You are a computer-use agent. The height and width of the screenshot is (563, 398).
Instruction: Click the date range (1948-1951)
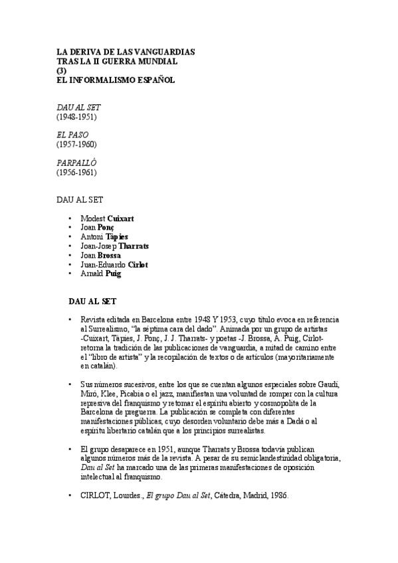pyautogui.click(x=76, y=117)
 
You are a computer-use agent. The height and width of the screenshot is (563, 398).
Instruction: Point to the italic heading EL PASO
pyautogui.click(x=72, y=135)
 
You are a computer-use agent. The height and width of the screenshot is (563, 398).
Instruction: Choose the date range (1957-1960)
pyautogui.click(x=76, y=145)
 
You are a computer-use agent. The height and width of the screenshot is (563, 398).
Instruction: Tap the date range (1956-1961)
pyautogui.click(x=76, y=173)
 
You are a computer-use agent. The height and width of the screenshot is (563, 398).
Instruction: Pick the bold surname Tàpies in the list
pyautogui.click(x=116, y=236)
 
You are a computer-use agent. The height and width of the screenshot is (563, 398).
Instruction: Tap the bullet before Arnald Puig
pyautogui.click(x=70, y=274)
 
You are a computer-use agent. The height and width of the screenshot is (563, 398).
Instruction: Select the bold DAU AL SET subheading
pyautogui.click(x=98, y=301)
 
